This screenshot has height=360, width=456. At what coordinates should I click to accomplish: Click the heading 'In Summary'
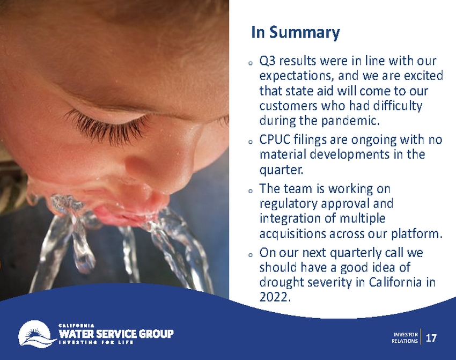(295, 32)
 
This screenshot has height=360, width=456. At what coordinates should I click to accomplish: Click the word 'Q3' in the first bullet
(267, 61)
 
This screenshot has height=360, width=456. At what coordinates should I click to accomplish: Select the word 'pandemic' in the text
(349, 120)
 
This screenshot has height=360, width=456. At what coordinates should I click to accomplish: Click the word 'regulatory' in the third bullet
(288, 204)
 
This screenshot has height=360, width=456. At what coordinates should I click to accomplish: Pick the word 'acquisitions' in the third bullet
(292, 233)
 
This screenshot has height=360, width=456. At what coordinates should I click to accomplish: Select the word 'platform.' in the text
(417, 233)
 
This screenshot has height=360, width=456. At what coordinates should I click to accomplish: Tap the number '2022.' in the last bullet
(275, 297)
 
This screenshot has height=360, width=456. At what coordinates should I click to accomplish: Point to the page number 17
(431, 338)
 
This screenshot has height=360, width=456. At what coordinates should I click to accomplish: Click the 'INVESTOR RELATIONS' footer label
(404, 338)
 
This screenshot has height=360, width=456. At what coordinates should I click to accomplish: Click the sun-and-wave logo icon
(36, 333)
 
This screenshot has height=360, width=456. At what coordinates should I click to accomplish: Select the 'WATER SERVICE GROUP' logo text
(116, 334)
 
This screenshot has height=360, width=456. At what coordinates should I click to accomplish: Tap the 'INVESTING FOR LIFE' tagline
(96, 342)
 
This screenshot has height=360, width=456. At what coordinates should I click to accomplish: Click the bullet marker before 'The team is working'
(250, 192)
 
